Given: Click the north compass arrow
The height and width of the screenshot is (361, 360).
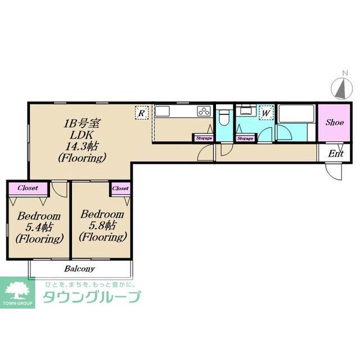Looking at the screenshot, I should click(340, 88).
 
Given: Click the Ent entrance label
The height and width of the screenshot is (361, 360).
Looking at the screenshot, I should click(336, 153).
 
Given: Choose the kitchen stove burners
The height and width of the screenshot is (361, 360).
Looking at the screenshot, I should click(203, 112).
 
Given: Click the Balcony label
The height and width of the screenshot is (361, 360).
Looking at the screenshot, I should click(79, 269).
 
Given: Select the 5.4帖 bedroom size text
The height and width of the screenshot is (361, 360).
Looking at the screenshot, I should click(39, 228).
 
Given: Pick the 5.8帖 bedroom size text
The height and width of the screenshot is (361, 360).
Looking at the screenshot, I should click(102, 225).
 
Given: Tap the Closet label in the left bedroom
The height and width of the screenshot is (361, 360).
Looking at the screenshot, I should click(28, 188).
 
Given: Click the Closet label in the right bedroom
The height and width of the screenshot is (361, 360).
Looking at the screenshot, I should click(120, 188).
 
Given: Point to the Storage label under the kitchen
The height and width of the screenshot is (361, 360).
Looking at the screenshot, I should click(204, 137).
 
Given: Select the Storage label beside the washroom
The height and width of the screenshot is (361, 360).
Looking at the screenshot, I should click(245, 137).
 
